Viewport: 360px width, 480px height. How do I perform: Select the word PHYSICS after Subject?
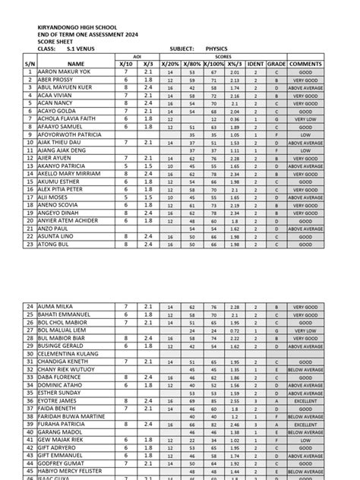coord(206,49)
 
